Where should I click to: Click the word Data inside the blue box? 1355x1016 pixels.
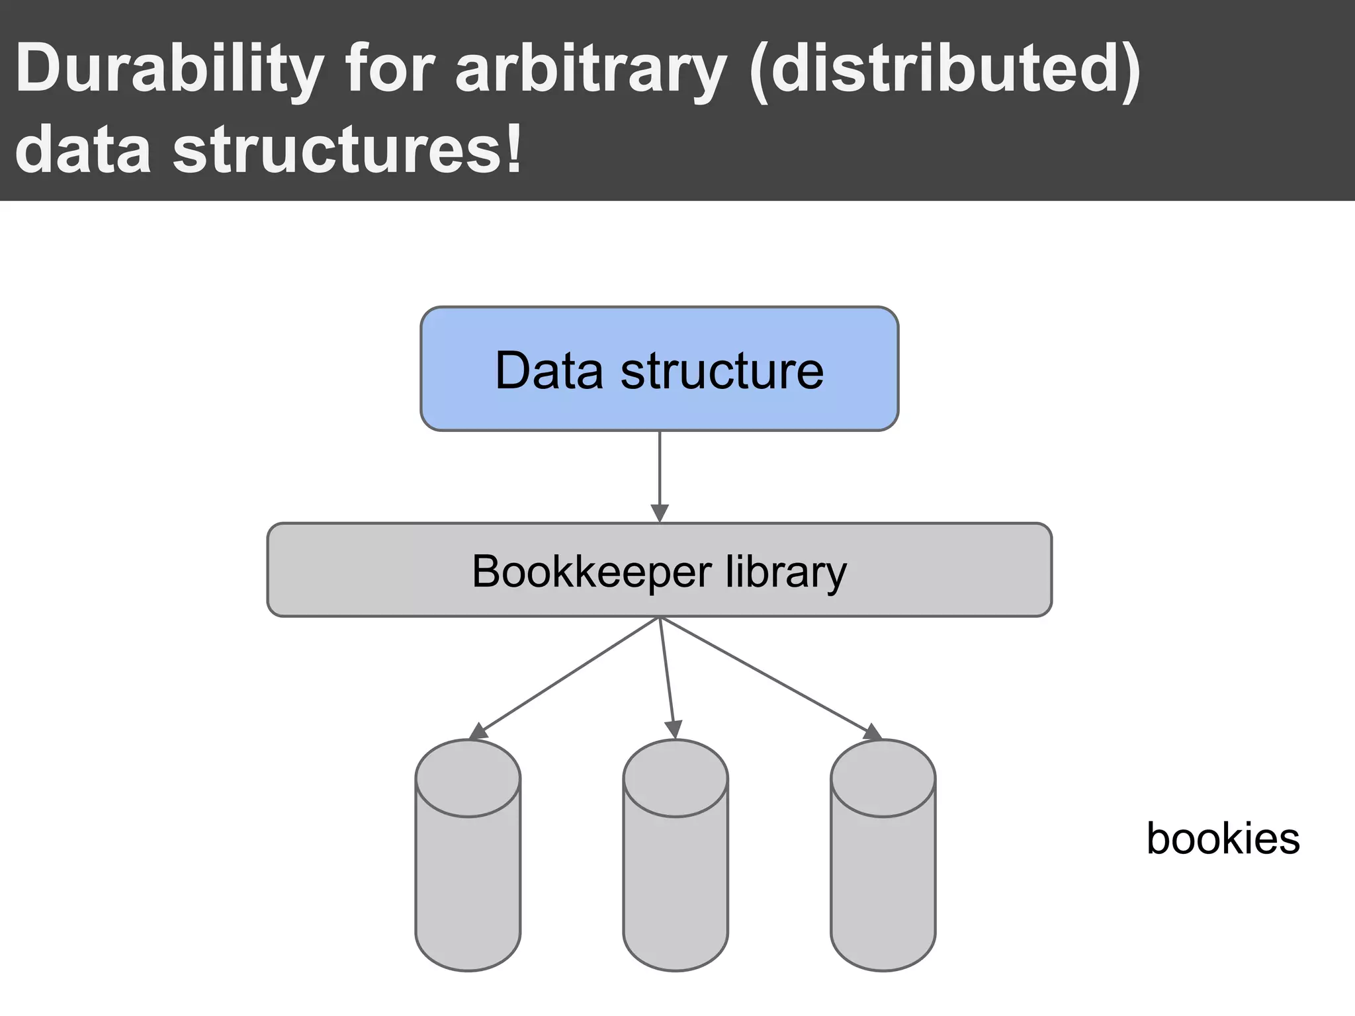(x=549, y=370)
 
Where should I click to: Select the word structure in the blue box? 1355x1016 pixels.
(x=722, y=370)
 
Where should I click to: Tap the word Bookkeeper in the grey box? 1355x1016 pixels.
(x=591, y=571)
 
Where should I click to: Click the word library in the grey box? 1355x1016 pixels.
(x=786, y=571)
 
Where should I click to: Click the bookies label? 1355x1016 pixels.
(x=1223, y=839)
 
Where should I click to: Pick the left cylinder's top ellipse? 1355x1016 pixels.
(x=468, y=779)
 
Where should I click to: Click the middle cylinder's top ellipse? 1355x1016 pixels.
(x=676, y=779)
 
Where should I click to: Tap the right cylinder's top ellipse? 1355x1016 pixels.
(x=883, y=779)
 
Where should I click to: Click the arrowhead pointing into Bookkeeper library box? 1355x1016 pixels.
(x=660, y=513)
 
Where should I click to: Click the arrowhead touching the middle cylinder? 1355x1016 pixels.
(x=674, y=730)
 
